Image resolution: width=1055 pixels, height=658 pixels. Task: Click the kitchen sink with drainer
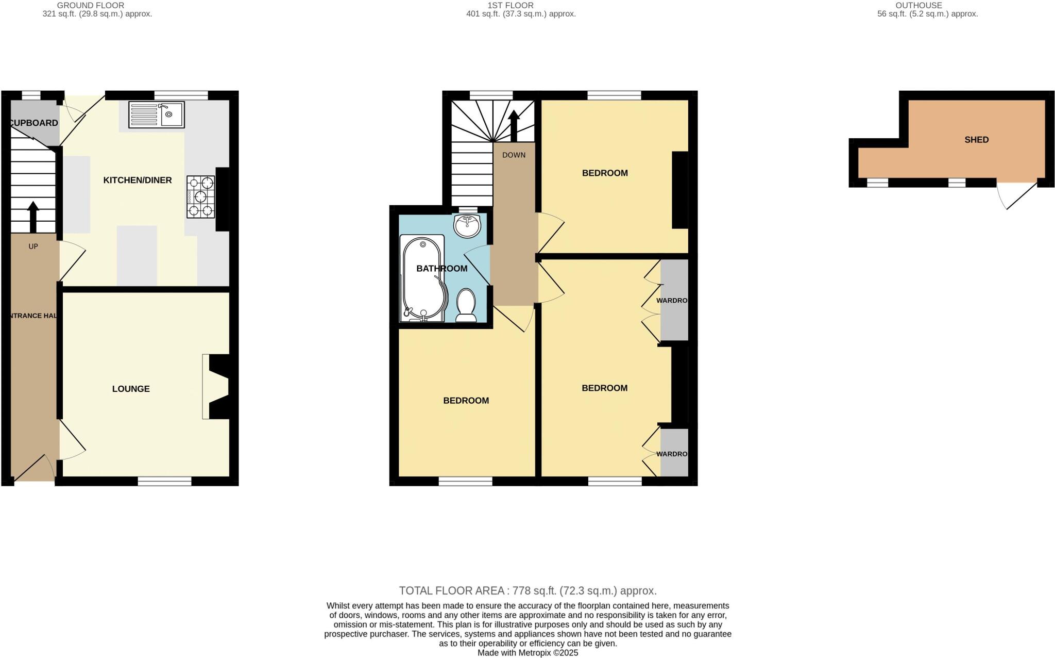157,114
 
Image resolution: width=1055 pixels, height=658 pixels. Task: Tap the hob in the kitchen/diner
201,196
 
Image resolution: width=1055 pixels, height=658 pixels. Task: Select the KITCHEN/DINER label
138,180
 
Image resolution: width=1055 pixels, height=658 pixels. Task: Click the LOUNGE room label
131,389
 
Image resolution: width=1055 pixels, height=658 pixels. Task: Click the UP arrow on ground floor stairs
33,217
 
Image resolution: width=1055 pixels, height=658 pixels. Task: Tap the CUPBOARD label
34,123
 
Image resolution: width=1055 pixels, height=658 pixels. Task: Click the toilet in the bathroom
466,305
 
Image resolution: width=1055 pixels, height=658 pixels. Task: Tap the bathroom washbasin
467,225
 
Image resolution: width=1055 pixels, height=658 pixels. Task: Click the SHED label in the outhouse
976,140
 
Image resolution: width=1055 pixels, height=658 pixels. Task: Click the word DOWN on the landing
514,155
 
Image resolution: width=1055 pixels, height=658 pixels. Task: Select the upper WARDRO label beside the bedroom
672,300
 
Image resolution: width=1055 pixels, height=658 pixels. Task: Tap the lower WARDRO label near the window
672,454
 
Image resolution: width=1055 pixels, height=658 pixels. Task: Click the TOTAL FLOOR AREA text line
527,590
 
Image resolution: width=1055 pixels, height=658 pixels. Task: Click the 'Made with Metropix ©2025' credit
527,653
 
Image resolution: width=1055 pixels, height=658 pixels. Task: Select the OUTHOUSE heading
918,5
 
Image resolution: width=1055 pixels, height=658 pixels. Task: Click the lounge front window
164,481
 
